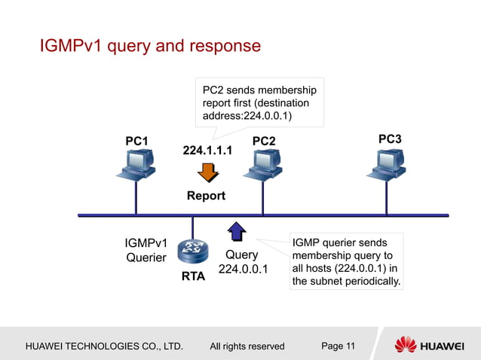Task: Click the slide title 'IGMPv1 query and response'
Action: (x=150, y=47)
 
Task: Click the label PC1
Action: (x=136, y=141)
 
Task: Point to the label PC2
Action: (x=263, y=141)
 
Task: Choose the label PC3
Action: (x=390, y=139)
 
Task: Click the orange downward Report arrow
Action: (x=207, y=172)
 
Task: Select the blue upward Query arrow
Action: (x=236, y=231)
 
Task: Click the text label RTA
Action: (x=193, y=277)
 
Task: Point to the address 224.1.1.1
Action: (x=207, y=151)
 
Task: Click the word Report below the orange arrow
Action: (x=206, y=196)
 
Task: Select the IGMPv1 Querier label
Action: (x=146, y=250)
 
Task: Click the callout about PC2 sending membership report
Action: (x=259, y=102)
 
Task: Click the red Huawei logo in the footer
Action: (x=406, y=346)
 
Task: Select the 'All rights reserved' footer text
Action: (x=247, y=346)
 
